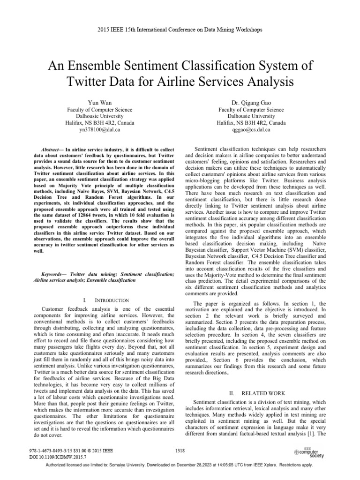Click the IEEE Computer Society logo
[x=308, y=452]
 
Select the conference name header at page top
[x=180, y=30]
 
